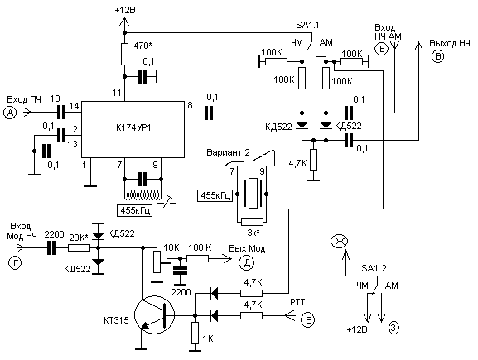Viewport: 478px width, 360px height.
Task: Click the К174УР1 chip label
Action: [133, 128]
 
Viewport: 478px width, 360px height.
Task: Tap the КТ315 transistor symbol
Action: [154, 314]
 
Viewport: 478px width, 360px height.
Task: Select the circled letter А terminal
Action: [10, 113]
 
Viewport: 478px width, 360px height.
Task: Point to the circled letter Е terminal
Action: [307, 319]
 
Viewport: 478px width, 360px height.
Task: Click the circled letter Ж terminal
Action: [339, 242]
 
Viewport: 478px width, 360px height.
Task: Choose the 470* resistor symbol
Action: [124, 55]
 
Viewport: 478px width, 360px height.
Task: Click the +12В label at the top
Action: [125, 10]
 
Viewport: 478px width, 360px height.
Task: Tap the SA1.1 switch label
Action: [307, 25]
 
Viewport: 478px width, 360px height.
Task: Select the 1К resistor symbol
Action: [196, 334]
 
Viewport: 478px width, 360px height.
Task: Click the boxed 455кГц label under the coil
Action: [134, 210]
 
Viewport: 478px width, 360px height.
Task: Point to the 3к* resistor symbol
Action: [252, 222]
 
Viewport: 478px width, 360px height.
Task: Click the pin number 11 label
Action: [117, 93]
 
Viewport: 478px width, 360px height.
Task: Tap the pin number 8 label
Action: [191, 105]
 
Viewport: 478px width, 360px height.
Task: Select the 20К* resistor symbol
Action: [79, 248]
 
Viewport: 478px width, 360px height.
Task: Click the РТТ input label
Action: [297, 302]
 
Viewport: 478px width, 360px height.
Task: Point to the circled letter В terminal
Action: [437, 56]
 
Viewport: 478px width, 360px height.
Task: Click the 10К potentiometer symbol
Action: [157, 262]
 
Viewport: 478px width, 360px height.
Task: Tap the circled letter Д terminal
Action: [247, 263]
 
